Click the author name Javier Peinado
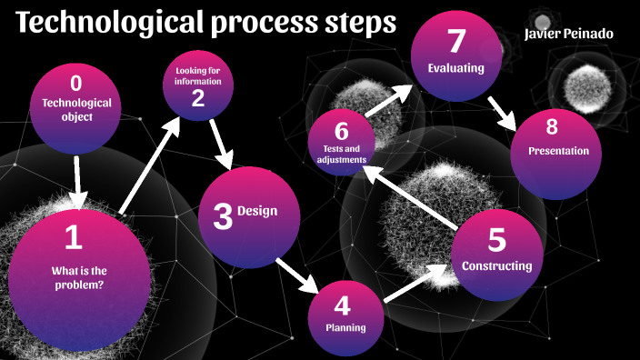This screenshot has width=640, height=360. tap(569, 34)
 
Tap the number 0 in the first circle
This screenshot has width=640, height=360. tap(76, 84)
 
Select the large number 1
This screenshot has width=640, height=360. tap(74, 238)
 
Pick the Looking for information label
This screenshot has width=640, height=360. tap(198, 76)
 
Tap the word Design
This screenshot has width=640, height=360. tap(257, 212)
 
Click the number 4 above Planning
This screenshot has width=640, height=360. tap(342, 305)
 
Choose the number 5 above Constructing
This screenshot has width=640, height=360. tap(496, 240)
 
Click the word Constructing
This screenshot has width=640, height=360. tap(496, 266)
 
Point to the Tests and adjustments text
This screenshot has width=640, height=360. tap(341, 154)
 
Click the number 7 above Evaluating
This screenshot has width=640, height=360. tap(455, 41)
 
